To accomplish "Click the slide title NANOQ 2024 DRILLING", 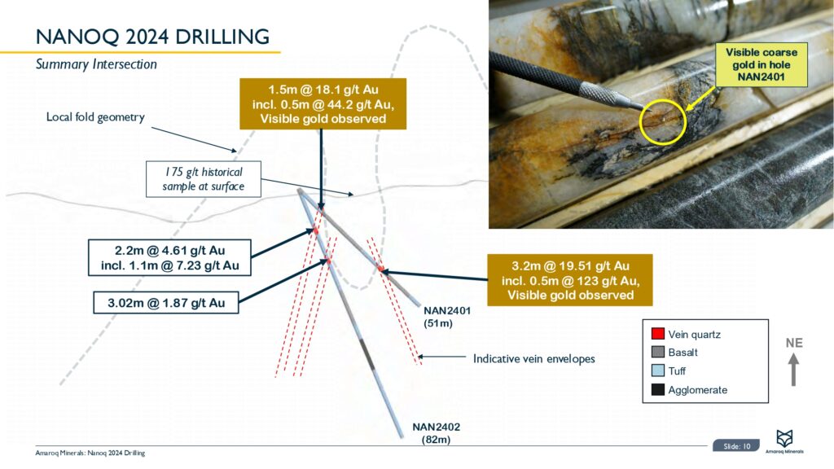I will [x=153, y=37].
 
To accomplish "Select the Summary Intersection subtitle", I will [x=97, y=64].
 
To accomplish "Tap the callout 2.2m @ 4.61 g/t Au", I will [x=169, y=256].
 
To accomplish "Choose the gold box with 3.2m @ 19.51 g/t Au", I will [x=570, y=280].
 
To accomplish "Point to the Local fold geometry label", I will [x=95, y=117].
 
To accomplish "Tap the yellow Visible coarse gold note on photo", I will [x=762, y=66].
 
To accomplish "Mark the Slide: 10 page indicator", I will [x=736, y=445].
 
